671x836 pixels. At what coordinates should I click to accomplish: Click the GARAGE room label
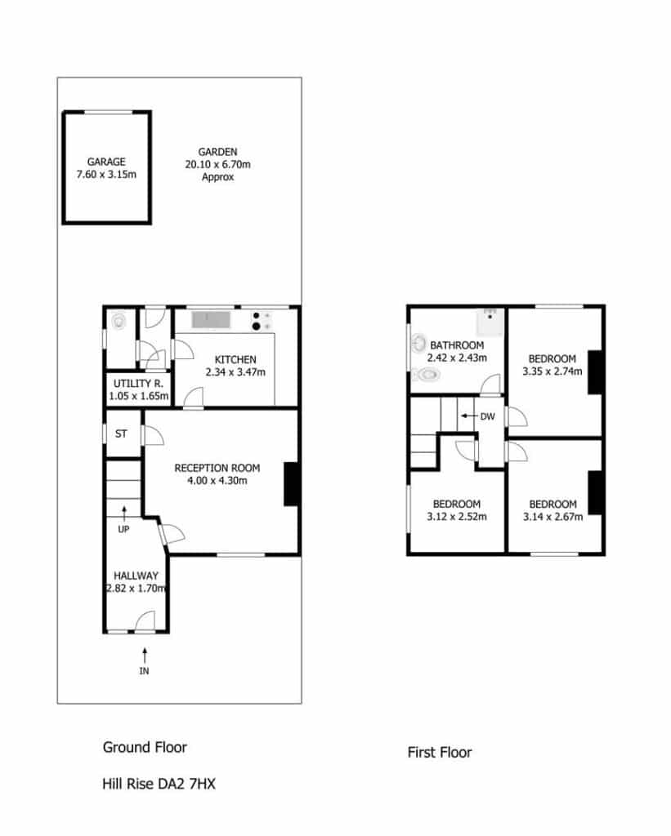tap(106, 162)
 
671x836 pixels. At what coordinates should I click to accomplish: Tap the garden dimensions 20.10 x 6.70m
tap(217, 165)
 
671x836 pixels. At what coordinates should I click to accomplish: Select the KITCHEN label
tap(235, 360)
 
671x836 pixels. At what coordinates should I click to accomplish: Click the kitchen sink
tap(211, 320)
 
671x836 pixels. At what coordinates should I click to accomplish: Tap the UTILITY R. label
tap(138, 384)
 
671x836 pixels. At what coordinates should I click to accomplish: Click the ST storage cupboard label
tap(121, 434)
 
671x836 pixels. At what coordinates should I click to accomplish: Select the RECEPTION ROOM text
tap(217, 468)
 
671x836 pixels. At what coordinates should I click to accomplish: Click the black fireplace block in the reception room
tap(292, 484)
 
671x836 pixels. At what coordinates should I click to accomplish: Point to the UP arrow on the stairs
tap(124, 513)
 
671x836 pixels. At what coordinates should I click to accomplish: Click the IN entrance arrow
tap(145, 655)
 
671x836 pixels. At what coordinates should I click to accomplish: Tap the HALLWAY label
tap(136, 576)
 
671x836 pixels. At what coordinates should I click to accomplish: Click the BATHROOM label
tap(457, 345)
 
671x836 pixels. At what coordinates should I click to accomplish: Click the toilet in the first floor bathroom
tap(426, 376)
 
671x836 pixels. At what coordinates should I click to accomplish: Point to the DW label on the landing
tap(487, 416)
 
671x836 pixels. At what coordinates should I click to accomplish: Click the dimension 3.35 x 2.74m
tap(552, 371)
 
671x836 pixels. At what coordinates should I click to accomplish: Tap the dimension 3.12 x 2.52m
tap(457, 517)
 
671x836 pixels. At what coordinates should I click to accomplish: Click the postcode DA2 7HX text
tap(186, 785)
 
